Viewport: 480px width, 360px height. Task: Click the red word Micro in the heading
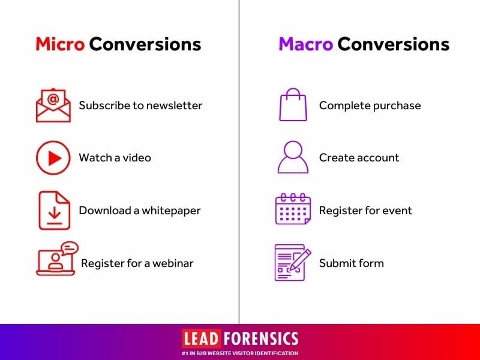coord(60,44)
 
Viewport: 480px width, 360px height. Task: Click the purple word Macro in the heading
coord(305,44)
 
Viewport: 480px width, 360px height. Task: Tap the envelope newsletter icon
coord(53,105)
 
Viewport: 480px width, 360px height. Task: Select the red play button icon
coord(53,158)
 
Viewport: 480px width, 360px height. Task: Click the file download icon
coord(55,211)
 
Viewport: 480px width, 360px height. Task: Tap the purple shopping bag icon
coord(293,104)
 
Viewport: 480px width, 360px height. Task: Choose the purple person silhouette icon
coord(293,157)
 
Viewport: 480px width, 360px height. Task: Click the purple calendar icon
coord(293,209)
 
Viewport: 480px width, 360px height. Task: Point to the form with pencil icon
coord(293,262)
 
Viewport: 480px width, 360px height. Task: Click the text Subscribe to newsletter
coord(140,106)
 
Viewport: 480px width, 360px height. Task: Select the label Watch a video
coord(115,158)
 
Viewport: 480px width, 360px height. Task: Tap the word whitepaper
coord(171,211)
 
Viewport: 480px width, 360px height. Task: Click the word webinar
coord(173,263)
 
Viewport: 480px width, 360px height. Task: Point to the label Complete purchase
coord(370,106)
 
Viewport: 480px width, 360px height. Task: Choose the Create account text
coord(359,158)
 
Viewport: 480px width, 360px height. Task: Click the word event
coord(397,211)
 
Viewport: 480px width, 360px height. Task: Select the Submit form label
coord(352,263)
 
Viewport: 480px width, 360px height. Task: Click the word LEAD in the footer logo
coord(202,339)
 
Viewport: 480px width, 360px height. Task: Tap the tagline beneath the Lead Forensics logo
coord(240,353)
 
